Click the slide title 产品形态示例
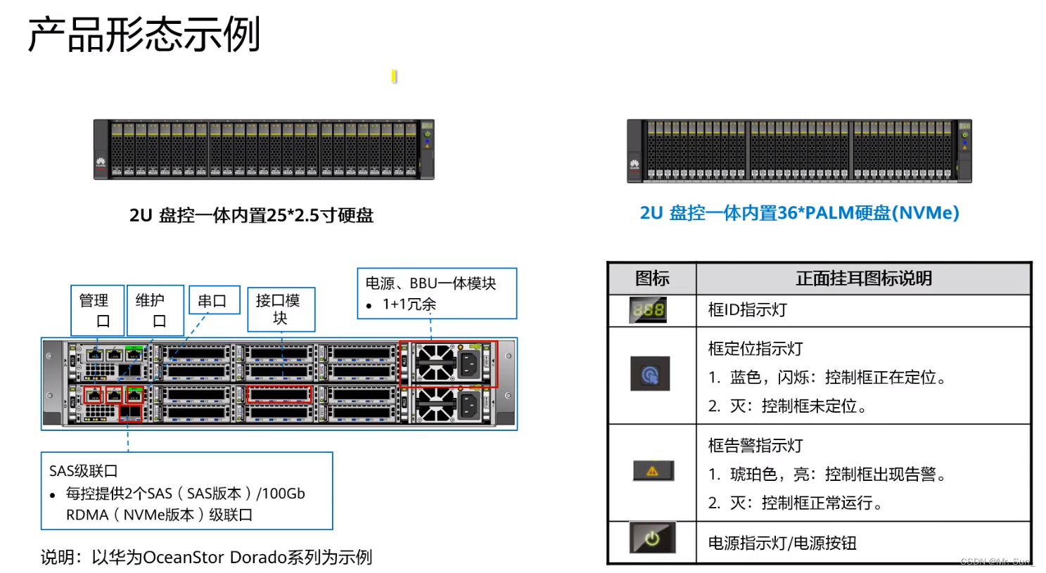coord(144,35)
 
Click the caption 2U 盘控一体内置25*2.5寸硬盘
coord(251,215)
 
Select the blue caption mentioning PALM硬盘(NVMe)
coord(799,213)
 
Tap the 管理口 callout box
coord(97,310)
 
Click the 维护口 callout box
coord(154,310)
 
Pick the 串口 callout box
coord(214,301)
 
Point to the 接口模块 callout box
coord(281,309)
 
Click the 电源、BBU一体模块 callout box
coord(436,293)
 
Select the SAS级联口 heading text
coord(83,471)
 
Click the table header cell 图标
coord(652,278)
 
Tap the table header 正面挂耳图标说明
coord(863,278)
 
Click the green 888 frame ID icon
coord(648,310)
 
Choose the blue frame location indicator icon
coord(650,374)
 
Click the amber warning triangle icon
coord(653,471)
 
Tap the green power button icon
coord(652,539)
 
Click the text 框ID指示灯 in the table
coord(747,310)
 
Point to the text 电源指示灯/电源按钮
coord(782,543)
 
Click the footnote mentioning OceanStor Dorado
coord(206,558)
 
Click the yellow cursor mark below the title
coord(394,76)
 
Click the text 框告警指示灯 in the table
coord(755,446)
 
